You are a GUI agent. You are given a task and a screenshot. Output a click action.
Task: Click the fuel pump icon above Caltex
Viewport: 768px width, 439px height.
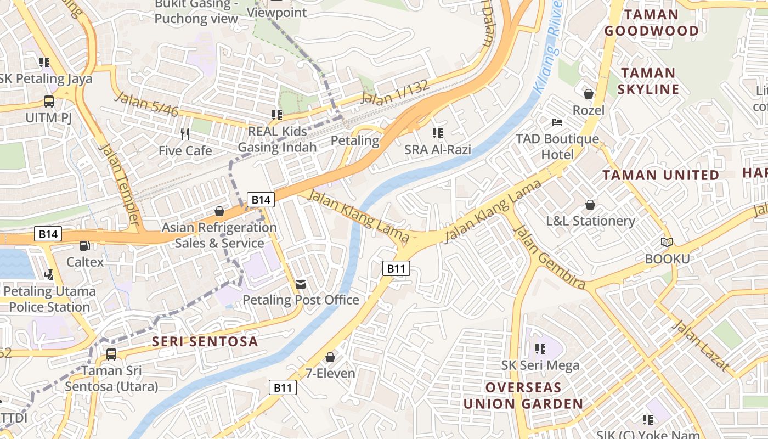coord(84,246)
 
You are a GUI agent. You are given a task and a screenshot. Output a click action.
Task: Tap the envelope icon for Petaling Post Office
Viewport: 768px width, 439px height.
coord(301,284)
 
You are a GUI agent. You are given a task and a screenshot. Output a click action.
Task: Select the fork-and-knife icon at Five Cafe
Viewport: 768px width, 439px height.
coord(185,134)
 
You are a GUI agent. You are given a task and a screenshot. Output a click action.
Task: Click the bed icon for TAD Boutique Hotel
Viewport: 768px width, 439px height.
coord(557,122)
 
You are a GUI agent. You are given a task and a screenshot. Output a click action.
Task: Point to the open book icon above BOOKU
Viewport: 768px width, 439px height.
coord(667,242)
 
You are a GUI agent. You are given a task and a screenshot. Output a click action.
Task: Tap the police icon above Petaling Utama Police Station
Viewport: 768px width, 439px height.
coord(49,274)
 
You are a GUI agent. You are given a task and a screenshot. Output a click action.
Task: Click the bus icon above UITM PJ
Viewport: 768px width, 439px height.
coord(49,102)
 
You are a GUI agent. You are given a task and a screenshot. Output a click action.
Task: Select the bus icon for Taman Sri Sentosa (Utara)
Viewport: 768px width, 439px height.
coord(111,354)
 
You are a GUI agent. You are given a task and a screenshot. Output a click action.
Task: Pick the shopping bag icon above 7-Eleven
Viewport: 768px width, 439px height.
coord(330,357)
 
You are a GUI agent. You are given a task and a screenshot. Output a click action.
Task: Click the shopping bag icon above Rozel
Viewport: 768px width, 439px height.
coord(589,94)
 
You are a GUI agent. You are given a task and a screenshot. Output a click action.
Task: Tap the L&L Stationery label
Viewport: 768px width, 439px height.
coord(590,221)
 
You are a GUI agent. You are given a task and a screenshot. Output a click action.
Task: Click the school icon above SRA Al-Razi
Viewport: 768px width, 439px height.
coord(437,133)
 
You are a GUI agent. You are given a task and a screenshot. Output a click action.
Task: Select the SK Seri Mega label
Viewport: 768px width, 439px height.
coord(540,365)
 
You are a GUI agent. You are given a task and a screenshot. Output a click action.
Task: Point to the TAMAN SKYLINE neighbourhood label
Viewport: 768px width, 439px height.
coord(648,81)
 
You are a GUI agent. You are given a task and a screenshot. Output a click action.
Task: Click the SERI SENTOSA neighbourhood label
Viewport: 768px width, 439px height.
coord(205,341)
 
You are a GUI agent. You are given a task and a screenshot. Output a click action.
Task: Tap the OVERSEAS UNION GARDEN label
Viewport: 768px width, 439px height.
coord(523,396)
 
